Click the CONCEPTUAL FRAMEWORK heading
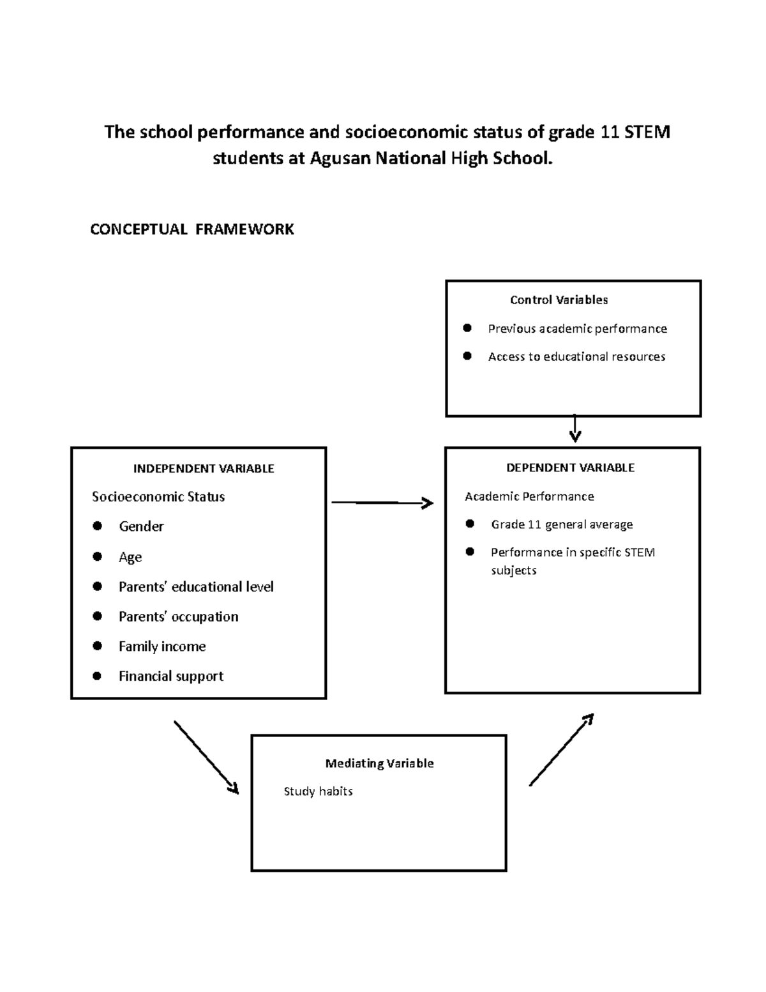(x=191, y=229)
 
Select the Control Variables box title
(x=559, y=300)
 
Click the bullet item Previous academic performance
(x=577, y=328)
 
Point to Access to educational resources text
(x=576, y=356)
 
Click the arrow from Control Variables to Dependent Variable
(x=574, y=428)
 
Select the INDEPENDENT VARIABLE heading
(x=204, y=468)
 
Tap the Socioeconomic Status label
(x=158, y=496)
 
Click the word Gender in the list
(x=141, y=526)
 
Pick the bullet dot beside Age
(x=97, y=556)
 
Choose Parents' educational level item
(x=196, y=586)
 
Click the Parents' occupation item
(x=178, y=616)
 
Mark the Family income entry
(x=162, y=646)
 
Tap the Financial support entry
(x=171, y=676)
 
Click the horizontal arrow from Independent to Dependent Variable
(x=382, y=503)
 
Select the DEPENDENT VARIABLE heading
(x=570, y=468)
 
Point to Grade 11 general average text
(x=562, y=524)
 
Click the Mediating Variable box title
(x=379, y=763)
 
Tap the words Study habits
(x=318, y=791)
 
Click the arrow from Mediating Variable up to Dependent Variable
(x=562, y=749)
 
